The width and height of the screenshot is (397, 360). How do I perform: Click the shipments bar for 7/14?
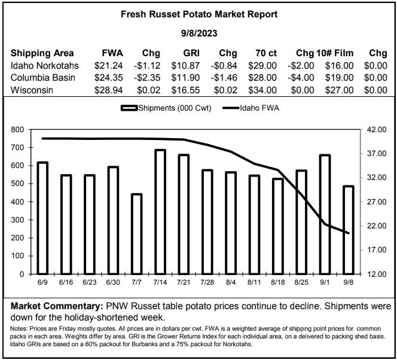tap(160, 212)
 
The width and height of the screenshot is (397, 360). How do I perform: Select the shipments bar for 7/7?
tap(136, 234)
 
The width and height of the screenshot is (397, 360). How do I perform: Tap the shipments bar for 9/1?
tap(325, 215)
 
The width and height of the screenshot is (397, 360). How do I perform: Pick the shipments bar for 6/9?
tap(42, 218)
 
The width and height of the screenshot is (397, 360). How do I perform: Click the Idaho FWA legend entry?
tap(251, 108)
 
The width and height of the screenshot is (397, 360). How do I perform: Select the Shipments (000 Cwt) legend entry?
tap(166, 108)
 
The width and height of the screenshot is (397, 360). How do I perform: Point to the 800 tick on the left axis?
tap(17, 130)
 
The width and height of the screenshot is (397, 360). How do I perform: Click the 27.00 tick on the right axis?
tap(377, 202)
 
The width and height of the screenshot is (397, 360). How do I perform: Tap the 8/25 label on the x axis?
tap(301, 282)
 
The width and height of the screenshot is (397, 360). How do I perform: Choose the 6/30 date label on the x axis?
tap(113, 282)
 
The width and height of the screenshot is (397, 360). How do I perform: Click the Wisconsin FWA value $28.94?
tap(109, 90)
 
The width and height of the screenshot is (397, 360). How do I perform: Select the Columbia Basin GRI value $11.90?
tap(185, 78)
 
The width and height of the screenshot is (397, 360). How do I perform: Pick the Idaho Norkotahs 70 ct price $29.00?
tap(262, 66)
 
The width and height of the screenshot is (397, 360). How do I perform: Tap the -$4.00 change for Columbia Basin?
tap(301, 78)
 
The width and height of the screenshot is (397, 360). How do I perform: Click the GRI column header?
tap(191, 53)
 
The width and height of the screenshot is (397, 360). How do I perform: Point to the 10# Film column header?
tap(335, 53)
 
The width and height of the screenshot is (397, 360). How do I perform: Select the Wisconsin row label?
tap(32, 90)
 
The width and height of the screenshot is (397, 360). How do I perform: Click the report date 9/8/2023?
tap(199, 33)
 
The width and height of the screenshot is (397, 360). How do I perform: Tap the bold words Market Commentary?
tap(57, 306)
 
